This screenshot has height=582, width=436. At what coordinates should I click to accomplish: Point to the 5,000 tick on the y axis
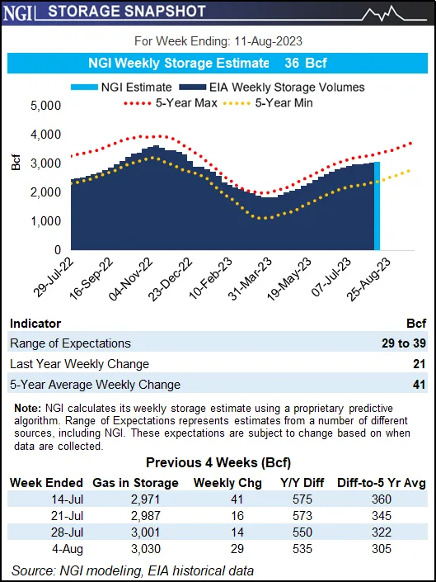45,106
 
